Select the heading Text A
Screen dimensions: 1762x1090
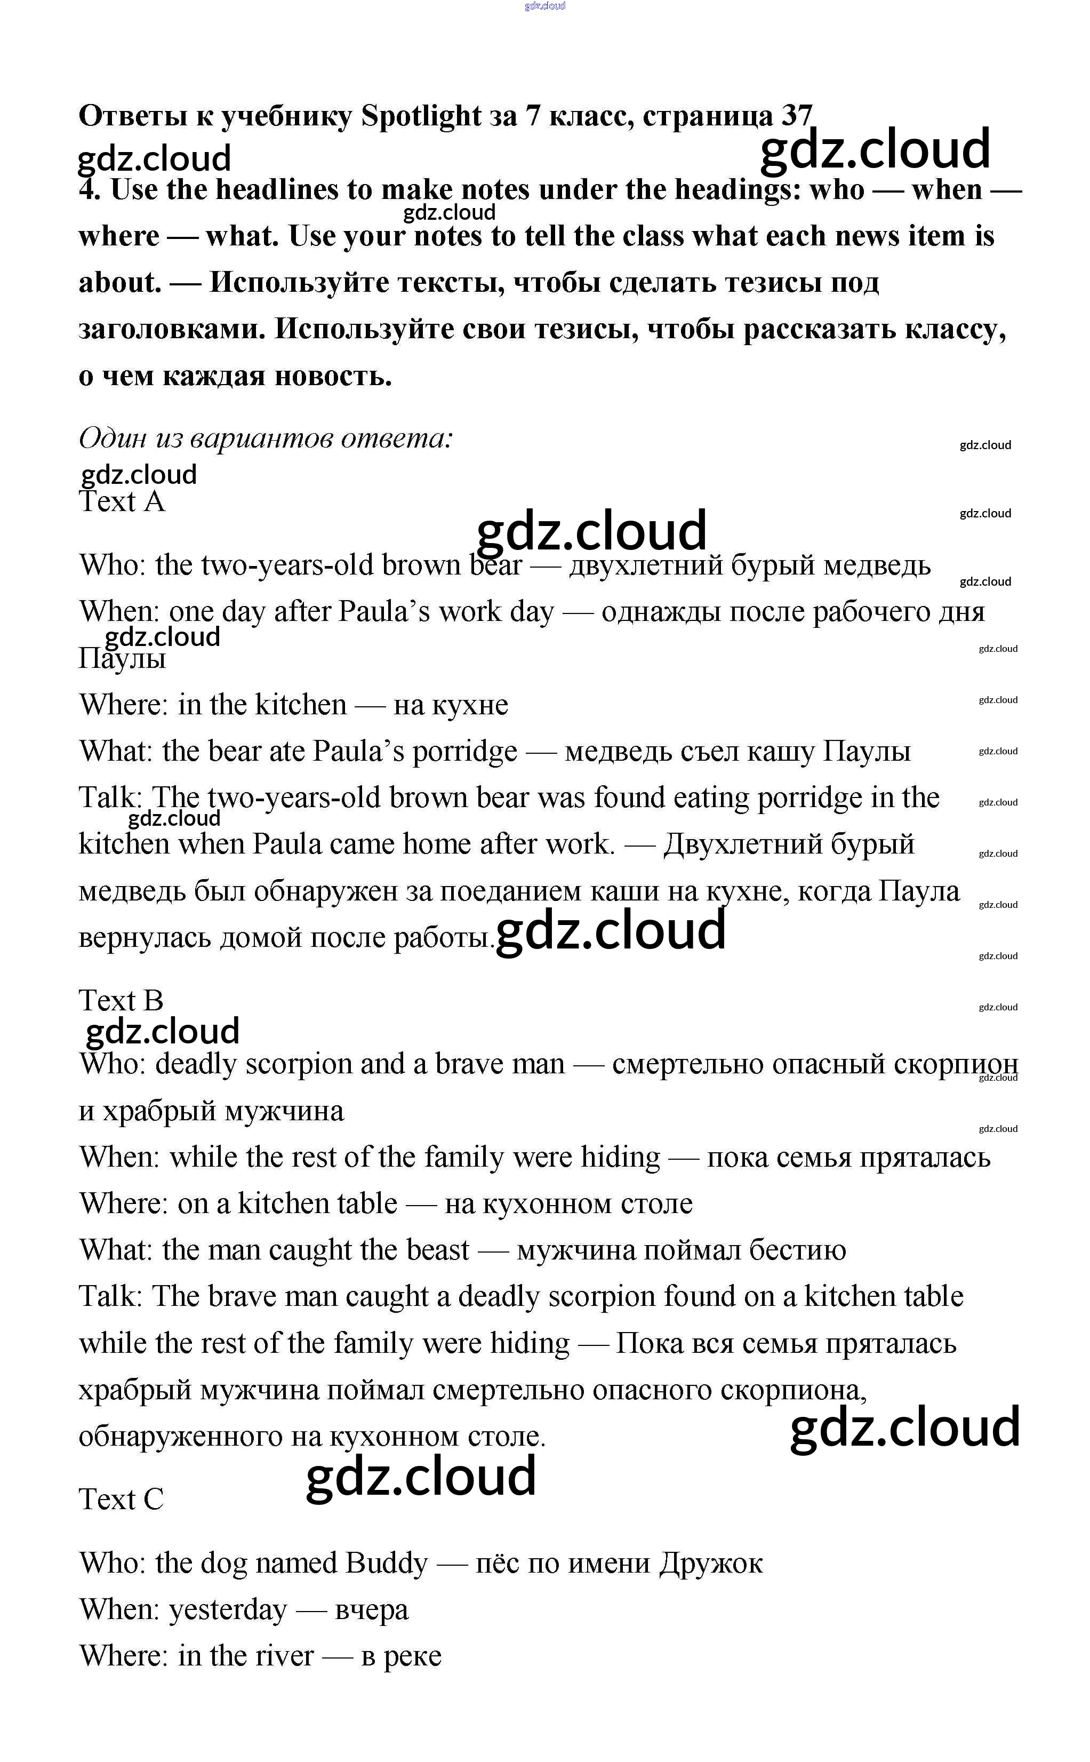click(x=121, y=502)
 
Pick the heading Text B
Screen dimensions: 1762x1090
click(x=121, y=1001)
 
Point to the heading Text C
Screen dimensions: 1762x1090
click(x=121, y=1500)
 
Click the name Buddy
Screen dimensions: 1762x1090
click(x=387, y=1563)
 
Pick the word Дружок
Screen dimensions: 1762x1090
click(x=710, y=1563)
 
